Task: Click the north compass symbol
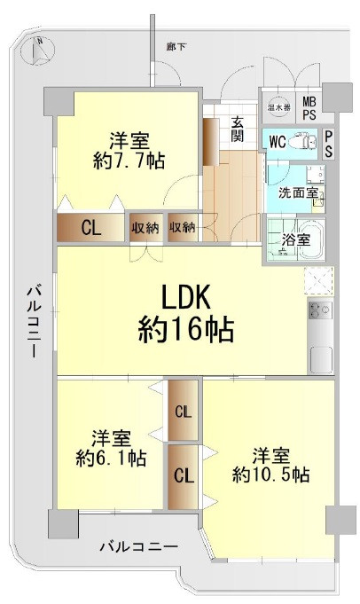pyautogui.click(x=35, y=51)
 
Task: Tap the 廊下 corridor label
pyautogui.click(x=176, y=46)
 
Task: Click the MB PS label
pyautogui.click(x=309, y=108)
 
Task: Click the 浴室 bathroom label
pyautogui.click(x=297, y=239)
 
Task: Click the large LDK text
pyautogui.click(x=186, y=296)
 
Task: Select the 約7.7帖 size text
pyautogui.click(x=129, y=161)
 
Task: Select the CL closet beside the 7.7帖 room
pyautogui.click(x=90, y=228)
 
